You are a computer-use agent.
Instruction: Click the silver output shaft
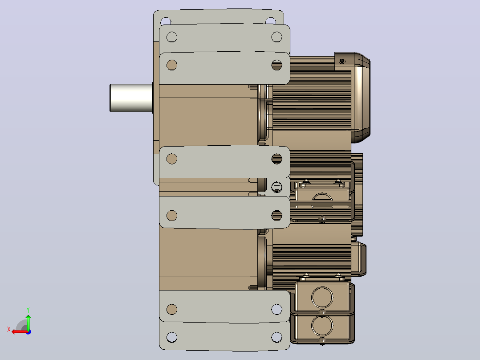(x=131, y=98)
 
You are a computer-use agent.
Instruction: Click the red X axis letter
(x=9, y=329)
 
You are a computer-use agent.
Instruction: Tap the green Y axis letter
(x=28, y=310)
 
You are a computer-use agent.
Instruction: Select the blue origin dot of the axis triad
(x=28, y=332)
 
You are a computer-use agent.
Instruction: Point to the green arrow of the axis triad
(x=28, y=322)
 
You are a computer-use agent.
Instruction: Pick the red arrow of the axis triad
(x=20, y=332)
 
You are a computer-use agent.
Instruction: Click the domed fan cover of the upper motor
(x=361, y=98)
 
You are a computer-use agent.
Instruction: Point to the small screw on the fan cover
(x=342, y=61)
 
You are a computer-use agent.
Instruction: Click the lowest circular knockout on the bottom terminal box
(x=322, y=325)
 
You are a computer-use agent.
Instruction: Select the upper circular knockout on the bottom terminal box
(x=322, y=297)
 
